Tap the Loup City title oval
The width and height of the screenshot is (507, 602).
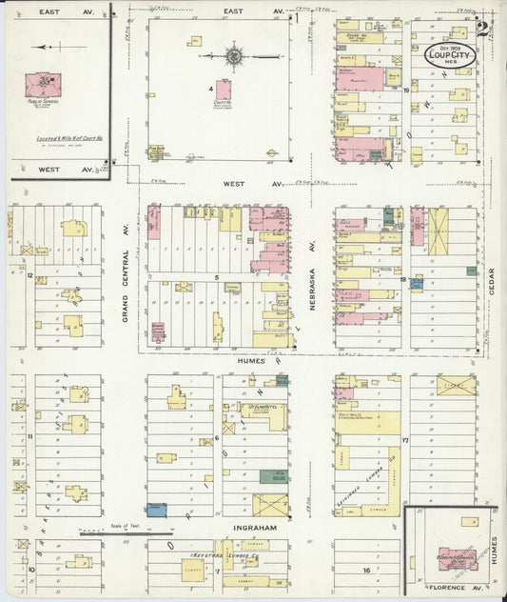(451, 55)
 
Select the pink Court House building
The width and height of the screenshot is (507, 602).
(224, 90)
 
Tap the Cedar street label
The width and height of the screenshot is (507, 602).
(493, 277)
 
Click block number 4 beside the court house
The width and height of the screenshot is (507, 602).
(210, 89)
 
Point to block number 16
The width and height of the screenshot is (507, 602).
(365, 570)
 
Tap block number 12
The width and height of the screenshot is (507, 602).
(30, 276)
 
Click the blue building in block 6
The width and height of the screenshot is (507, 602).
(157, 510)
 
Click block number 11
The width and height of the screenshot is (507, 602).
(30, 436)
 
